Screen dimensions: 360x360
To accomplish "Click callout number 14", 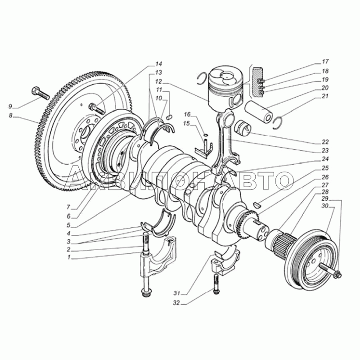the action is pyautogui.click(x=159, y=63).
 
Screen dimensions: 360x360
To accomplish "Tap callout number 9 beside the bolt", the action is pyautogui.click(x=10, y=106).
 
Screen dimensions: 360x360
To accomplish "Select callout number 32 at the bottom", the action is pyautogui.click(x=176, y=303).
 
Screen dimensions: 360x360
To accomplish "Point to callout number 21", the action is pyautogui.click(x=325, y=96).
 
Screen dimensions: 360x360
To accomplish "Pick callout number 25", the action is pyautogui.click(x=325, y=168).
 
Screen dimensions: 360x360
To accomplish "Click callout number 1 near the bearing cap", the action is pyautogui.click(x=69, y=257).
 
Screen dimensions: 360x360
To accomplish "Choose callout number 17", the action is pyautogui.click(x=325, y=62).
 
